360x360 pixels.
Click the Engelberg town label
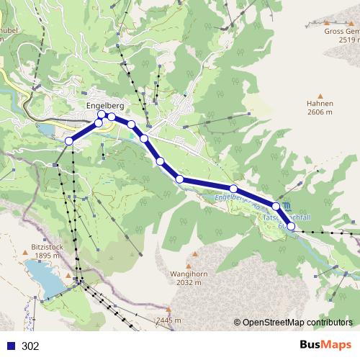click(104, 106)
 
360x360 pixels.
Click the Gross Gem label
click(341, 32)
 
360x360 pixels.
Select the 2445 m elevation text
click(167, 320)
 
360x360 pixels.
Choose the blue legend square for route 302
click(11, 346)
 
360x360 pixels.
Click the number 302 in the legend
click(31, 346)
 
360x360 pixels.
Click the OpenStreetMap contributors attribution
click(297, 323)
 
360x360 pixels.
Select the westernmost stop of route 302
click(69, 141)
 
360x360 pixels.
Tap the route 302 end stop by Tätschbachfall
click(291, 226)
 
